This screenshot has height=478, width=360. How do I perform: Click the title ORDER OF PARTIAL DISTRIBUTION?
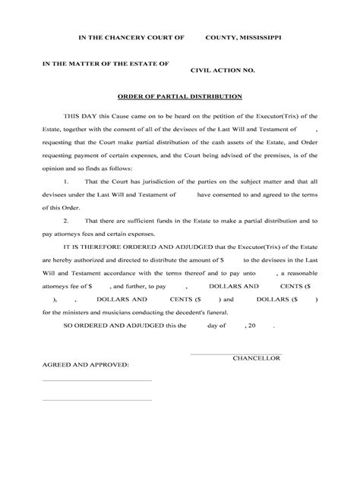(x=180, y=97)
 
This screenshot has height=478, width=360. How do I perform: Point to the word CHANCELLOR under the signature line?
(x=257, y=357)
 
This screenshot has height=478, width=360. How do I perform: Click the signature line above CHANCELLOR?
(x=235, y=351)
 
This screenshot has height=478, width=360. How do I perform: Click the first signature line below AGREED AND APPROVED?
(x=97, y=380)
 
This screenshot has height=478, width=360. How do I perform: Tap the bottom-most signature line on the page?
(x=97, y=400)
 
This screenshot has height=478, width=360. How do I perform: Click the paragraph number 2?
(x=66, y=219)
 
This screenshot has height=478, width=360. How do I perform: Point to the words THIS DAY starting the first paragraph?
(x=78, y=115)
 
